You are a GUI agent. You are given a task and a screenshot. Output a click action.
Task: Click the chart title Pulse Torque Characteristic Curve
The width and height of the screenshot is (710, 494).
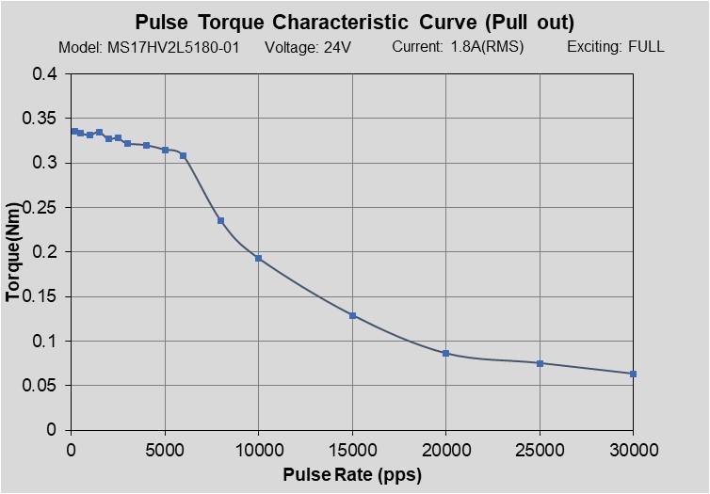click(x=354, y=22)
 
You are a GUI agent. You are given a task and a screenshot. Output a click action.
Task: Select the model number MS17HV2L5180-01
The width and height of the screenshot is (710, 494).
click(x=179, y=47)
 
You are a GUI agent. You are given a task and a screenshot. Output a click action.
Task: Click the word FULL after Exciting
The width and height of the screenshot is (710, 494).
click(x=646, y=47)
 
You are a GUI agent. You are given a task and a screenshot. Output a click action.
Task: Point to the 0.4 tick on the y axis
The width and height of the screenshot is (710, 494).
click(x=44, y=74)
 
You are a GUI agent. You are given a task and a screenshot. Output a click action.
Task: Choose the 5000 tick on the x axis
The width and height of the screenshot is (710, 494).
click(x=165, y=449)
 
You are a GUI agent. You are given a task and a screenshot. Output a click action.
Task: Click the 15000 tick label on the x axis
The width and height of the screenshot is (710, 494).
click(x=352, y=449)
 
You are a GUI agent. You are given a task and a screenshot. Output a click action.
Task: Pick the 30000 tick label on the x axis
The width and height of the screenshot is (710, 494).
click(x=633, y=449)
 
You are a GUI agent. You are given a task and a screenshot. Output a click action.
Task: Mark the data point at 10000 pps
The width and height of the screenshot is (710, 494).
click(x=258, y=258)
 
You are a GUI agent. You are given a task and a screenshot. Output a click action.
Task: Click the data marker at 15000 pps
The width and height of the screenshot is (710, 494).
click(x=352, y=315)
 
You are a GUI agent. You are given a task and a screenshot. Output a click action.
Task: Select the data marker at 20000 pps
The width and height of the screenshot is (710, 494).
click(x=445, y=353)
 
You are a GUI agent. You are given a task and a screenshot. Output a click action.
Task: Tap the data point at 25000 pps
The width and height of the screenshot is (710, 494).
click(x=540, y=363)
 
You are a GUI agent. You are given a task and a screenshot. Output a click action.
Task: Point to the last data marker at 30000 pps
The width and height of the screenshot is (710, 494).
click(x=633, y=374)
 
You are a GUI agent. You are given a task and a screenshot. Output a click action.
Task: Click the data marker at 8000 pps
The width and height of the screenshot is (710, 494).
click(x=220, y=221)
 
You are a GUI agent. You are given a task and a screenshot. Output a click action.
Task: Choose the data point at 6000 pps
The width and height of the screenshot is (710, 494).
click(x=183, y=155)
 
